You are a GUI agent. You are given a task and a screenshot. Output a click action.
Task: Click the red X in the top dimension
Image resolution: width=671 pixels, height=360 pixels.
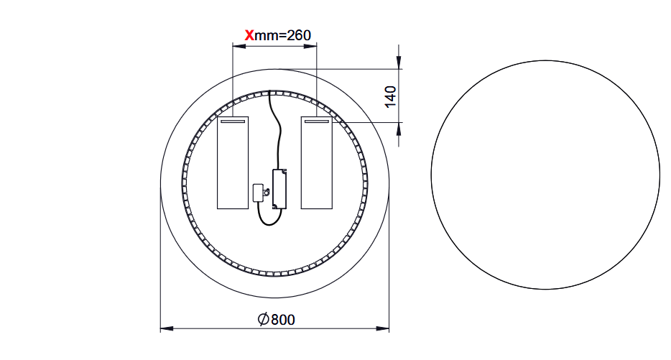(x=249, y=34)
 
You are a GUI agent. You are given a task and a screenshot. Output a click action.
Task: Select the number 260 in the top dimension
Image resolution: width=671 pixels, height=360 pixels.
(x=297, y=34)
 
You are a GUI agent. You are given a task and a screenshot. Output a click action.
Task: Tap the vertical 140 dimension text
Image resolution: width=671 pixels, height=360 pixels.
(x=390, y=96)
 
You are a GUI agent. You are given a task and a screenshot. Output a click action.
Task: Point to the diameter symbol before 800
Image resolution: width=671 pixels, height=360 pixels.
(x=263, y=319)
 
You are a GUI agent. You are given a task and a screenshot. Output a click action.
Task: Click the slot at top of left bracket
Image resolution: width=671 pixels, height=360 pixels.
(x=233, y=122)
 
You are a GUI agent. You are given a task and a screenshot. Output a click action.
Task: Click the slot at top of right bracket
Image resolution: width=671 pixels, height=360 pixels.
(x=316, y=122)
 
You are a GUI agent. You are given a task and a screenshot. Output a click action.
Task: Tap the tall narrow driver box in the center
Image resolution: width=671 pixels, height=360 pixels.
(x=279, y=188)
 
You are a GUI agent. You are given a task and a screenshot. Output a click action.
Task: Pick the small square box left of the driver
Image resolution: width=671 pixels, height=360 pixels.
(x=259, y=192)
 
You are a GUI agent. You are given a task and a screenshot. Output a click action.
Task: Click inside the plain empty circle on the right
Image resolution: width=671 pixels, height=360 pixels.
(x=545, y=175)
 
